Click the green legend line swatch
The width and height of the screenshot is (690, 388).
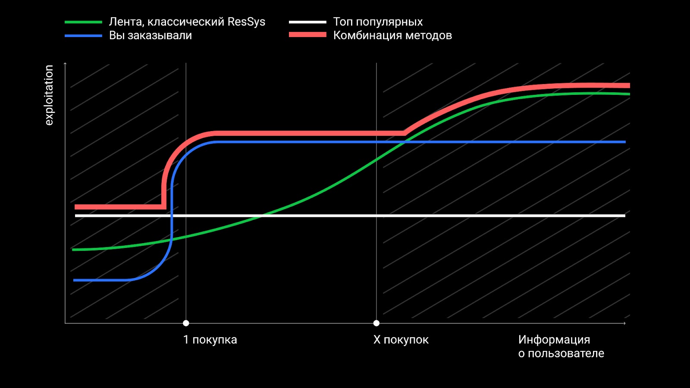pyautogui.click(x=83, y=22)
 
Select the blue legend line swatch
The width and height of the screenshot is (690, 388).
pyautogui.click(x=83, y=36)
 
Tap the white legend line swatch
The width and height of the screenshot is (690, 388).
pyautogui.click(x=307, y=22)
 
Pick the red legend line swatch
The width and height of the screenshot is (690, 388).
pyautogui.click(x=307, y=35)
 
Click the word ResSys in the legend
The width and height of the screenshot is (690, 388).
pyautogui.click(x=246, y=22)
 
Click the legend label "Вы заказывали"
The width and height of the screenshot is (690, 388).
pyautogui.click(x=150, y=36)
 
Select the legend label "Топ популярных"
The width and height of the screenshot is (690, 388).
pyautogui.click(x=378, y=22)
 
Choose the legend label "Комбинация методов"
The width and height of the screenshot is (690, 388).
pyautogui.click(x=392, y=36)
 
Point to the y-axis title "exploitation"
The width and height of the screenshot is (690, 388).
pyautogui.click(x=49, y=95)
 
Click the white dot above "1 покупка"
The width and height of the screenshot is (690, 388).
pyautogui.click(x=186, y=323)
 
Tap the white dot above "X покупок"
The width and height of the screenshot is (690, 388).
pyautogui.click(x=376, y=323)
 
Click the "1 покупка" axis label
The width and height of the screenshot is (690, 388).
pyautogui.click(x=210, y=340)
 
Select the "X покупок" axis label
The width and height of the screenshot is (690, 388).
pyautogui.click(x=401, y=340)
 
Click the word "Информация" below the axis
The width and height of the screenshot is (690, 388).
pyautogui.click(x=554, y=340)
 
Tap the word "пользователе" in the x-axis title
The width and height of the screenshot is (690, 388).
pyautogui.click(x=566, y=354)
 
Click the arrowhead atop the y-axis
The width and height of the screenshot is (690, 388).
pyautogui.click(x=65, y=64)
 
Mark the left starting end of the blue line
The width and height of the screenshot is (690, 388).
pyautogui.click(x=74, y=280)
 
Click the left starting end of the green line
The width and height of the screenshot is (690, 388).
pyautogui.click(x=73, y=250)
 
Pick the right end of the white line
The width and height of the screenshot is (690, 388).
pyautogui.click(x=624, y=216)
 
